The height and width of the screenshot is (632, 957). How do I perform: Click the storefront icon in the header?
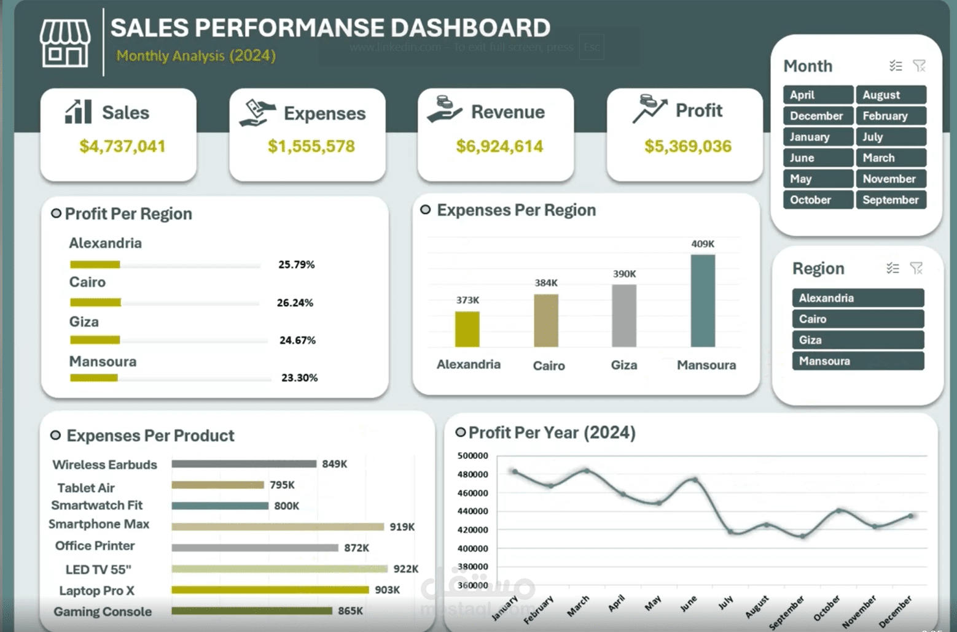click(64, 43)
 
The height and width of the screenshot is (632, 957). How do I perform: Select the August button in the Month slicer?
click(891, 95)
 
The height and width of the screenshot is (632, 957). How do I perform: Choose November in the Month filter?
click(891, 179)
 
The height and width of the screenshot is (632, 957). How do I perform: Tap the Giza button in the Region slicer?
click(857, 340)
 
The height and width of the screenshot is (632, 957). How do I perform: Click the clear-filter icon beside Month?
click(919, 66)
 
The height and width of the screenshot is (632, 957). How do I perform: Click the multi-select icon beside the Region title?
click(893, 268)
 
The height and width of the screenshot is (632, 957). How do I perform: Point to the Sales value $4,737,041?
click(122, 147)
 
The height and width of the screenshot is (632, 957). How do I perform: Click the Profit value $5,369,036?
click(687, 147)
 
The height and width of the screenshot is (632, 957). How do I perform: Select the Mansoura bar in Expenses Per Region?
click(703, 301)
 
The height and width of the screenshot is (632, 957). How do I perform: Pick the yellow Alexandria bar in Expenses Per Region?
click(467, 329)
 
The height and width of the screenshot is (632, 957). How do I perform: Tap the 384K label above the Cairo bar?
click(545, 283)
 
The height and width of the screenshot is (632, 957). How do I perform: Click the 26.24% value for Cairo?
click(295, 303)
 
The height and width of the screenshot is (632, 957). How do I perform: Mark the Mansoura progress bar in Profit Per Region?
click(94, 378)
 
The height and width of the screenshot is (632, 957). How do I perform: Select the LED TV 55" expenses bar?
click(279, 569)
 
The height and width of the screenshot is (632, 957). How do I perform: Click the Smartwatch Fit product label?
click(97, 506)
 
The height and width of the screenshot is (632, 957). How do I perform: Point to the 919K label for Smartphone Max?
click(402, 527)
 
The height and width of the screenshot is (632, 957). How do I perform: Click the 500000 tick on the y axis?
click(472, 456)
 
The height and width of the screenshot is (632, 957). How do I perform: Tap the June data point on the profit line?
click(695, 480)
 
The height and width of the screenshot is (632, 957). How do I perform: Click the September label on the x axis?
click(786, 612)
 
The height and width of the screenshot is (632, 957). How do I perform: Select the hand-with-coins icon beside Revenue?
click(443, 109)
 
